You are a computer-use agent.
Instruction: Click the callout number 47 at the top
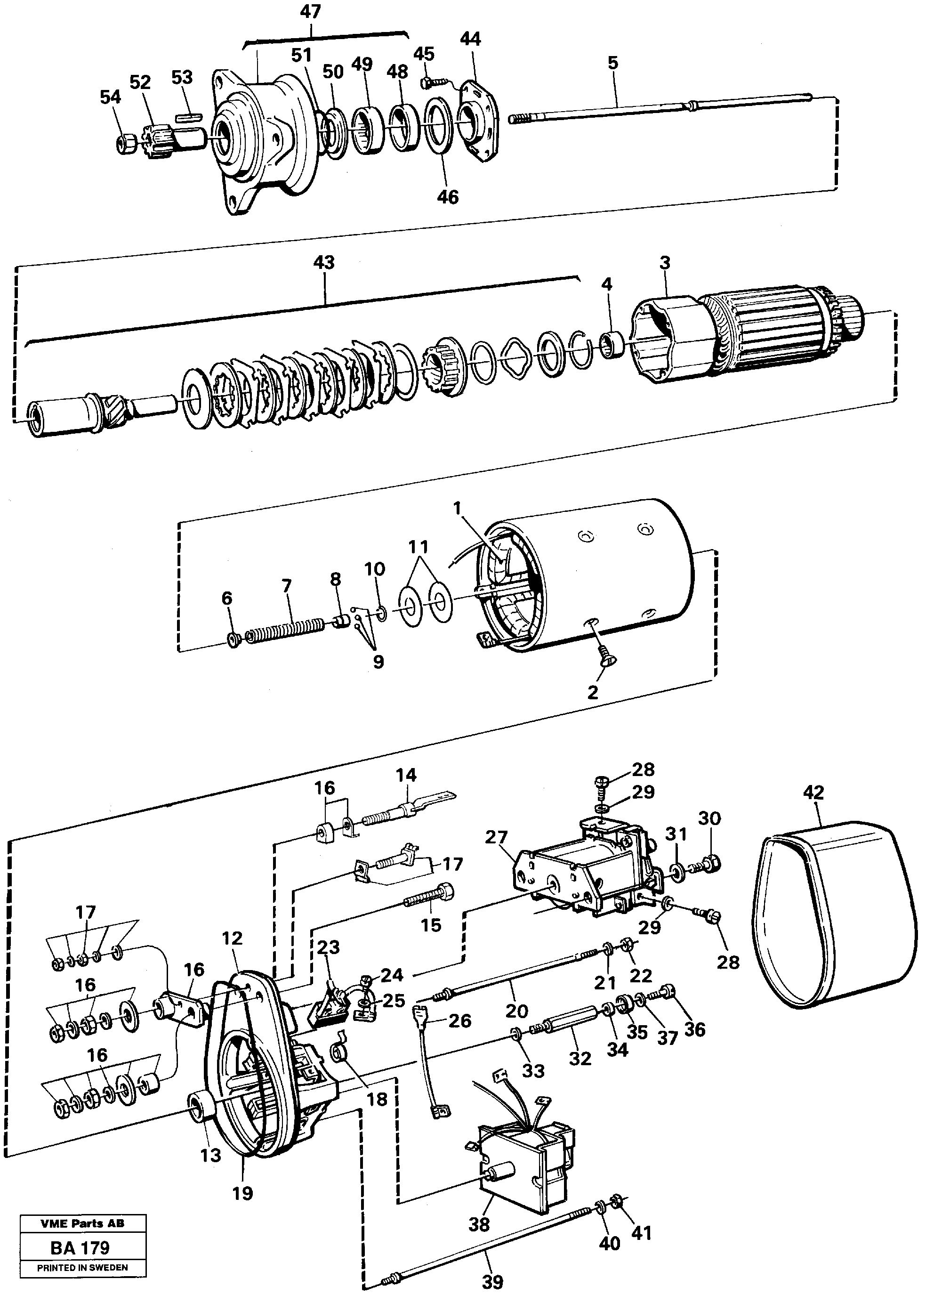[x=311, y=11]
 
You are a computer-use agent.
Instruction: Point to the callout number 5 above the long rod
[x=613, y=62]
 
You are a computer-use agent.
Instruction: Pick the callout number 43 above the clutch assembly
[x=324, y=263]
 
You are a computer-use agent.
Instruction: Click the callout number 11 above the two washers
[x=419, y=546]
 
